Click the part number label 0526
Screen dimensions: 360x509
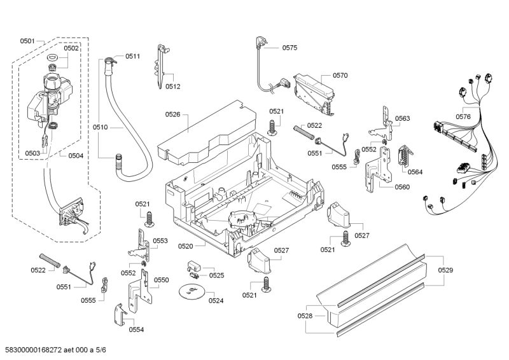point(173,114)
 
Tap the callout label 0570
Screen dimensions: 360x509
point(340,75)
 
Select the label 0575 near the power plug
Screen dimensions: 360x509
point(289,48)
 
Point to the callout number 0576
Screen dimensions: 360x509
point(463,116)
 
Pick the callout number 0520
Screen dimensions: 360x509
point(186,246)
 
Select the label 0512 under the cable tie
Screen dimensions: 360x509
point(173,87)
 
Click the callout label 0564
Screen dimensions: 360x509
point(415,172)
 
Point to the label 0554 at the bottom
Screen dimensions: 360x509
point(136,329)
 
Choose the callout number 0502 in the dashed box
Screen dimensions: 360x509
point(71,48)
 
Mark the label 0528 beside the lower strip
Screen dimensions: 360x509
point(305,315)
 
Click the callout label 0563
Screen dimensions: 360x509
point(402,118)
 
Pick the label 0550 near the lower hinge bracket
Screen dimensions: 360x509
point(162,280)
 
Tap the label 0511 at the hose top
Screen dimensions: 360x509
point(132,57)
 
